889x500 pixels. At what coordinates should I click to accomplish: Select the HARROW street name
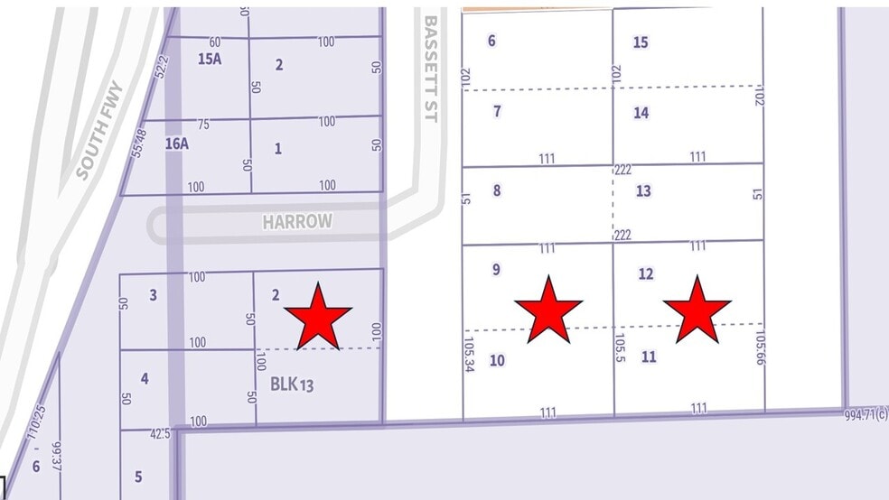pos(297,222)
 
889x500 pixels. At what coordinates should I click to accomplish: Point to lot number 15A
pos(209,59)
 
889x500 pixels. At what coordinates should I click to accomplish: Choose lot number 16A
pos(177,143)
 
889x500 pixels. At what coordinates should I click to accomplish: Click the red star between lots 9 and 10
pos(548,310)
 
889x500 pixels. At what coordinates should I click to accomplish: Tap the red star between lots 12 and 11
pos(697,310)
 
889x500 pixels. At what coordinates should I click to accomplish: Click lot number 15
pos(641,42)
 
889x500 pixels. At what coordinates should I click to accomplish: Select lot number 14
pos(641,113)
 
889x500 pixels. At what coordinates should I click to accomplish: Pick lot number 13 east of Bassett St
pos(643,191)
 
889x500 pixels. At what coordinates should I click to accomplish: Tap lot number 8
pos(496,190)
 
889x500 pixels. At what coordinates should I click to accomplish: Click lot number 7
pos(497,112)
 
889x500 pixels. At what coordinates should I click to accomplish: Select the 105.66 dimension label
pos(758,347)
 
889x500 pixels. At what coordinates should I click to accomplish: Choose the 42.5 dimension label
pos(160,433)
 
